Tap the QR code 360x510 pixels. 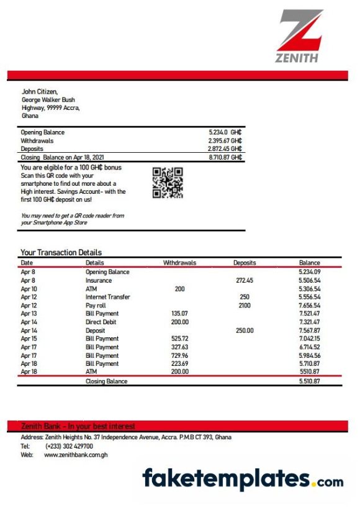(x=168, y=183)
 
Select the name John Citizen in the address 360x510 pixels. (x=40, y=92)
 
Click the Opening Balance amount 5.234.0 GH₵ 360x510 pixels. (x=225, y=132)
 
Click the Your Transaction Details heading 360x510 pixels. (x=61, y=252)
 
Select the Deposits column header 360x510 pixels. (x=245, y=263)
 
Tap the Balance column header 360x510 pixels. (x=309, y=263)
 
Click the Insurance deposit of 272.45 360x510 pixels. (x=245, y=281)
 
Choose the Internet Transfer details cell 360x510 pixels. (x=107, y=297)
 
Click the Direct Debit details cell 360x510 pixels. (x=102, y=322)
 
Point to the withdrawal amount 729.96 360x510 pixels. (x=179, y=355)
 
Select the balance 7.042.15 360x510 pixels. (x=309, y=339)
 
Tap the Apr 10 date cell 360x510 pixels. (x=29, y=289)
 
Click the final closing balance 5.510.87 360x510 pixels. (x=309, y=381)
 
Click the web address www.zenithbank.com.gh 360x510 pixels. (x=76, y=455)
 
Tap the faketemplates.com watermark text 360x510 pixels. (x=243, y=479)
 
